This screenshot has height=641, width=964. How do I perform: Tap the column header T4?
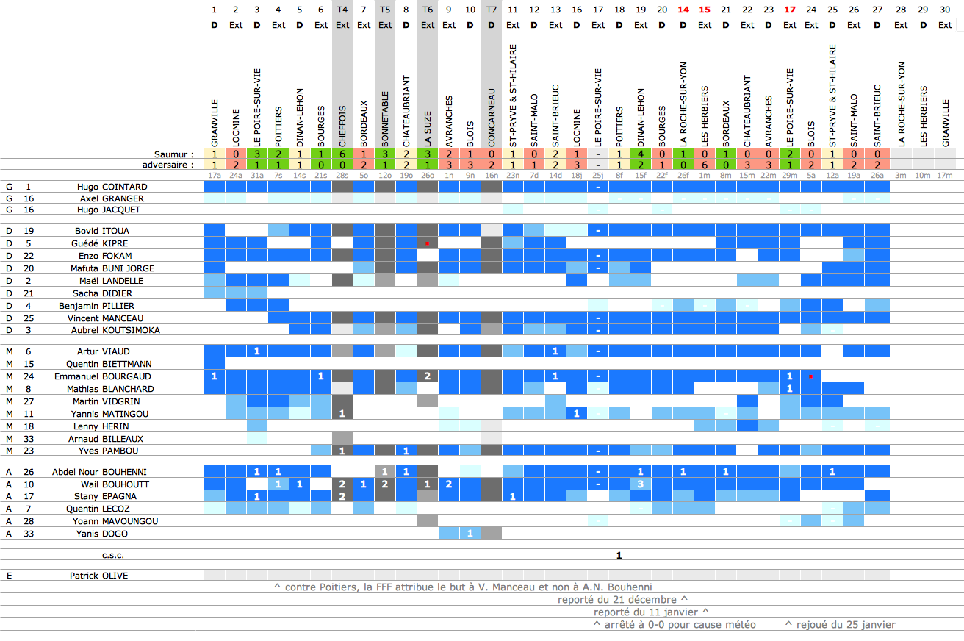[x=342, y=10]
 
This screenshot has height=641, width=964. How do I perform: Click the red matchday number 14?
[x=683, y=10]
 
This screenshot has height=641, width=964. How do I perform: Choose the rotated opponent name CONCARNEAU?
[x=492, y=117]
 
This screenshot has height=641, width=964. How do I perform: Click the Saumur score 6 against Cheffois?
[x=342, y=155]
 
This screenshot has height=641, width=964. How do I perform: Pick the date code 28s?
[x=342, y=176]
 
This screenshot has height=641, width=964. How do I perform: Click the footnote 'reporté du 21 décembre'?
[x=617, y=600]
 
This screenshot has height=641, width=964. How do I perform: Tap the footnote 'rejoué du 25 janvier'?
[x=840, y=625]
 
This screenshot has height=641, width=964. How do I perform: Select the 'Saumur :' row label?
[x=173, y=155]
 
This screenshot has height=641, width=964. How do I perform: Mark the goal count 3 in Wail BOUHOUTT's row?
[x=641, y=484]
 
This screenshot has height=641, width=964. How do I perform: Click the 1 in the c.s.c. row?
[x=619, y=555]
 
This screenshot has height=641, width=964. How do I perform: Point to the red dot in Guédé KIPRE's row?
[x=427, y=243]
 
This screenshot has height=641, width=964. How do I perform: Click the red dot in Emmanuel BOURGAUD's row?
[x=810, y=376]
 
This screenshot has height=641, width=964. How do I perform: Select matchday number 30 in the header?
[x=945, y=10]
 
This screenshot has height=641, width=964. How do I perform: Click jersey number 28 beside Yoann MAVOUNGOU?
[x=29, y=521]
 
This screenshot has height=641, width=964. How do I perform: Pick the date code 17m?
[x=945, y=176]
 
